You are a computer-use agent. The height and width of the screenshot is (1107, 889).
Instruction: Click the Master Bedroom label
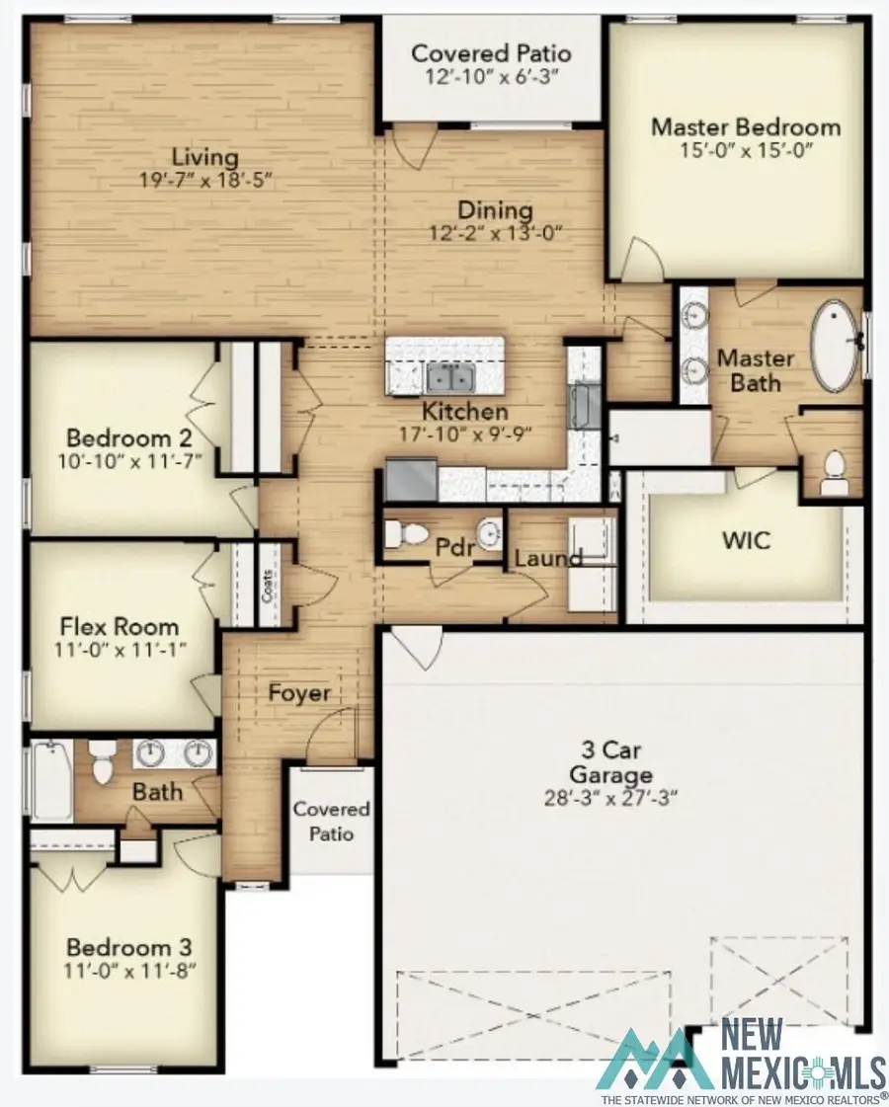pyautogui.click(x=746, y=127)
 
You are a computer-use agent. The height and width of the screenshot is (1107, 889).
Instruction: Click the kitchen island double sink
pyautogui.click(x=448, y=377)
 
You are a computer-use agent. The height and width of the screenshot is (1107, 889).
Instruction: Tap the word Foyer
pyautogui.click(x=298, y=693)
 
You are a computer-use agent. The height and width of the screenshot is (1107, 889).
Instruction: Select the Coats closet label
pyautogui.click(x=268, y=590)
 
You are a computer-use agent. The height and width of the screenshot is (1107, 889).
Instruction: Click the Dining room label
pyautogui.click(x=494, y=210)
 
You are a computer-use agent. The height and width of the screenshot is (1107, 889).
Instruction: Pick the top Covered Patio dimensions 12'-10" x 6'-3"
pyautogui.click(x=491, y=74)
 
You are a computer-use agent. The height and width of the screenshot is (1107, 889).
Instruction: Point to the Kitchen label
pyautogui.click(x=465, y=412)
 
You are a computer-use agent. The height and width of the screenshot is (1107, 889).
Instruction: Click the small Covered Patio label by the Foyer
pyautogui.click(x=331, y=822)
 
